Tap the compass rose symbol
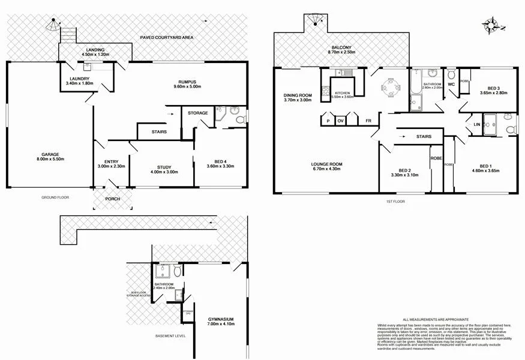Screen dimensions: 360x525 [x=491, y=25]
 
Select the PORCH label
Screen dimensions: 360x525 [x=112, y=200]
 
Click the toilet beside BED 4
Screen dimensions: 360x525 [x=240, y=118]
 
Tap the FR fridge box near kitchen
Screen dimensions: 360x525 [x=368, y=121]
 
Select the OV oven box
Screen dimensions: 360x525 [x=341, y=121]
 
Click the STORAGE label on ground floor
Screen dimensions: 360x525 [x=197, y=113]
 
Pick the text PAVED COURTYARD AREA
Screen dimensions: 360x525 [x=167, y=37]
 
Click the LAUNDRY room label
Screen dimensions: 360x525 [x=79, y=79]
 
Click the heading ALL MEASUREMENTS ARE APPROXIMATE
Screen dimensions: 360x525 [x=436, y=319]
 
